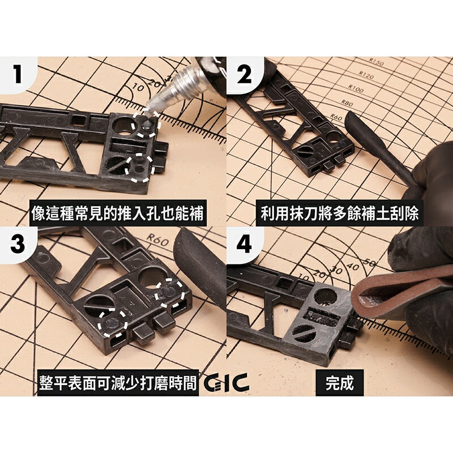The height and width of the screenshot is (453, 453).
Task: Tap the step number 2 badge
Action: pyautogui.click(x=244, y=74)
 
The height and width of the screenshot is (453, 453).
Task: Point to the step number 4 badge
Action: pyautogui.click(x=243, y=244)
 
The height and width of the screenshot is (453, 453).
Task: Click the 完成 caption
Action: pyautogui.click(x=340, y=383)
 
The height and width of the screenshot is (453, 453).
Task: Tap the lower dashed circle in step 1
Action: pyautogui.click(x=139, y=168)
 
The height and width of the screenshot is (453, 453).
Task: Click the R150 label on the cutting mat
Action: pyautogui.click(x=375, y=62)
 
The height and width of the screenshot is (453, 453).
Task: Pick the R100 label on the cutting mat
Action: pyautogui.click(x=355, y=89)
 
